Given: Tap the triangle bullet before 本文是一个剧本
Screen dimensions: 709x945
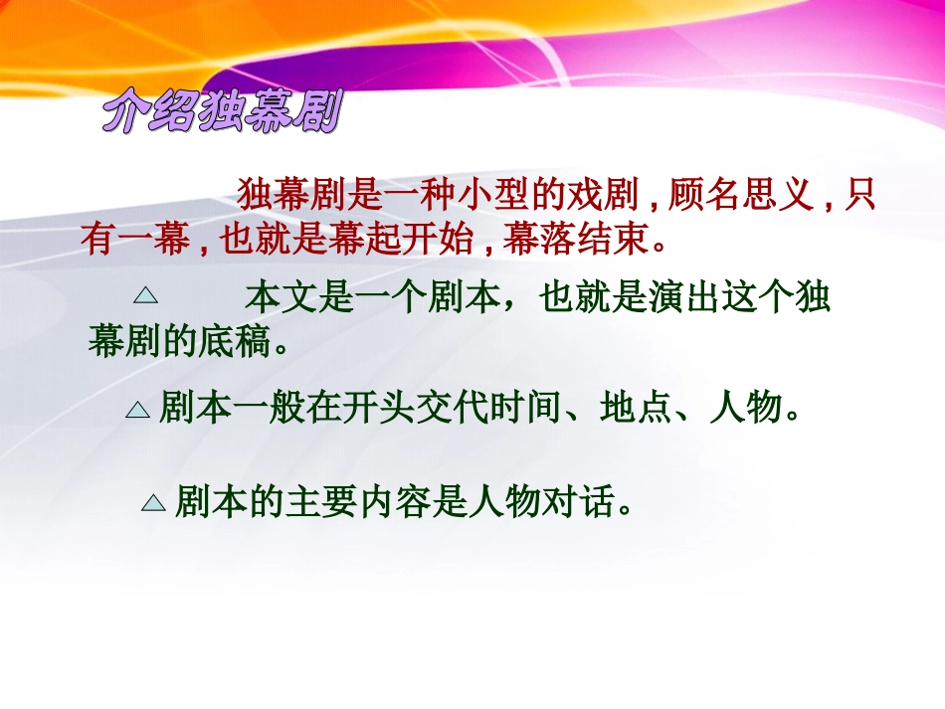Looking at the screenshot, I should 146,295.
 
